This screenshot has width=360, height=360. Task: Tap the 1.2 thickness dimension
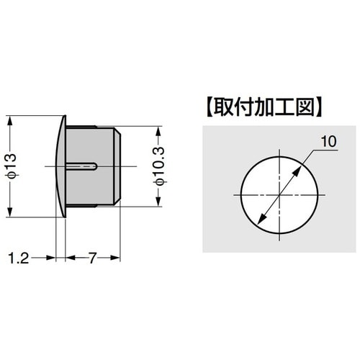pos(20,257)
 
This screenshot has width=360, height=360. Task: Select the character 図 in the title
pos(303,109)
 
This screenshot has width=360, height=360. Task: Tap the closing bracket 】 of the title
pos(318,109)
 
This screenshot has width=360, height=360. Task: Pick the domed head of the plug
pos(60,166)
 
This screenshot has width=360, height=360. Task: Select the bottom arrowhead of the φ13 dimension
pos(9,212)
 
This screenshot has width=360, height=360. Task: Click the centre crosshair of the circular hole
pos(278,195)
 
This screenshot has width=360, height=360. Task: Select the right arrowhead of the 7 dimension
pos(116,257)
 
